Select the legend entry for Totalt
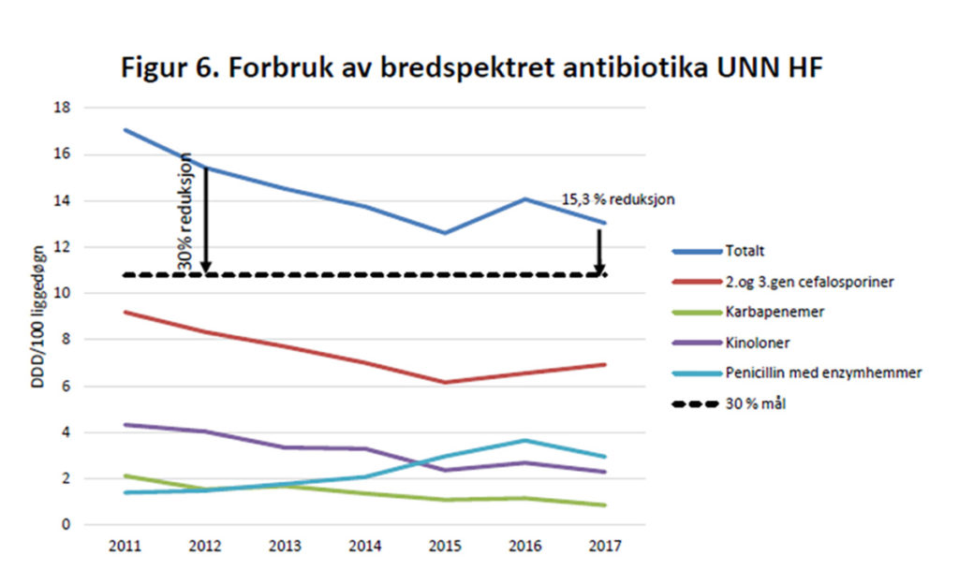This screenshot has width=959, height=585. [x=745, y=251]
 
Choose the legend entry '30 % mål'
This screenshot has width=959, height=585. [x=753, y=403]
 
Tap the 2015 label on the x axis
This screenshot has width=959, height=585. [x=446, y=545]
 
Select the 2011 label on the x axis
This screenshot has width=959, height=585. [x=125, y=545]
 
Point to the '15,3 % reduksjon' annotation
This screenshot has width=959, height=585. [x=618, y=199]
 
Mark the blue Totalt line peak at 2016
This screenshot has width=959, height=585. [x=525, y=198]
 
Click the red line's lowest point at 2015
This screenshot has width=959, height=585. [x=446, y=382]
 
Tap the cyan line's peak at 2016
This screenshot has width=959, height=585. [x=525, y=440]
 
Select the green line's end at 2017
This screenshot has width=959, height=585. [x=605, y=505]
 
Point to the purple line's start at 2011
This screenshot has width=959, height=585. [x=125, y=425]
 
